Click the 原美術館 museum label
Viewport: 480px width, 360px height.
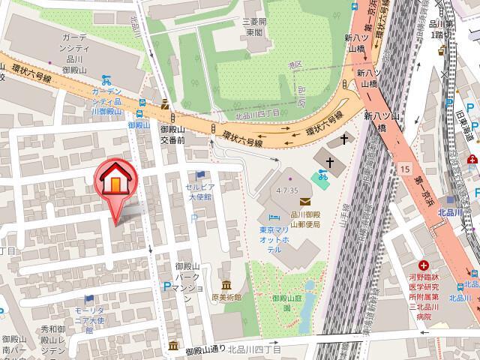(228, 297)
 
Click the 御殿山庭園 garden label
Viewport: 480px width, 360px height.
(285, 301)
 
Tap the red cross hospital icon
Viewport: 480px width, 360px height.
(424, 265)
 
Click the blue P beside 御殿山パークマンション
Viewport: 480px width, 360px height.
(166, 285)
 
